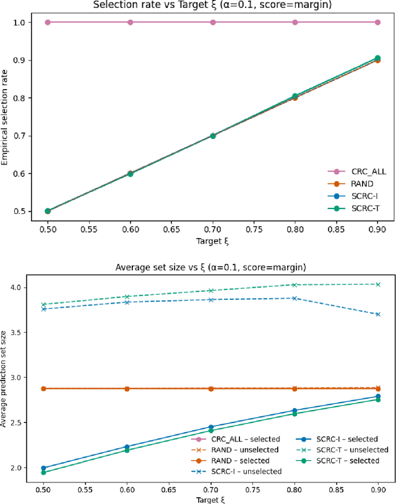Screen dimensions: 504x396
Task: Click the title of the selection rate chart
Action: coord(212,5)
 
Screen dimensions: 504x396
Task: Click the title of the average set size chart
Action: coord(212,267)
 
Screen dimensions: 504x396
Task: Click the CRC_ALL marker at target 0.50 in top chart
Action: coord(48,22)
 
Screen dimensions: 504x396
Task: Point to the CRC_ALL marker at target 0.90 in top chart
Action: coord(377,22)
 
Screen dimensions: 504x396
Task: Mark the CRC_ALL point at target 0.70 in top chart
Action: coord(212,22)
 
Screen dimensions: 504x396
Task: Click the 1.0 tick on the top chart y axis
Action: coord(20,22)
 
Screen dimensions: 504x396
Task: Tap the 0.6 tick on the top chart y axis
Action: coord(20,174)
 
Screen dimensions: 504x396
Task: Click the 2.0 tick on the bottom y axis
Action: coord(20,468)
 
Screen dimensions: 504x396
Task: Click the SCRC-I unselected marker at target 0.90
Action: coord(377,314)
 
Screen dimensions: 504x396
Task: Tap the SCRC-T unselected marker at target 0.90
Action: coord(377,284)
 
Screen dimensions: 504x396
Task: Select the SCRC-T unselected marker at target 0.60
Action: coord(130,297)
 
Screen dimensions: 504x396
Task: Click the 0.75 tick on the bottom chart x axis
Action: coord(254,489)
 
